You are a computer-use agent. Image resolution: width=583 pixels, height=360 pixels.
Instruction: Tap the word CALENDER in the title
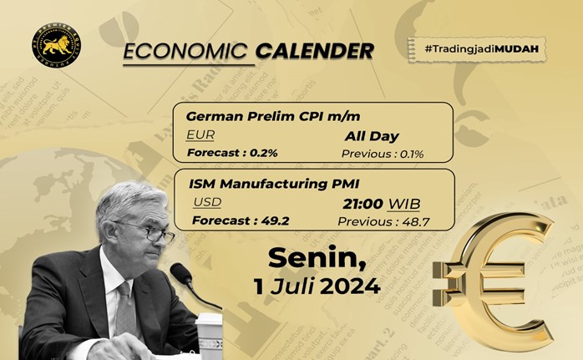315,51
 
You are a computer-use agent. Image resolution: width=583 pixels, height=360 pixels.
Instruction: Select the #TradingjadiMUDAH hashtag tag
474,49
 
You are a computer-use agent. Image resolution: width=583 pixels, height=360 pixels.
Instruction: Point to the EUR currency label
200,134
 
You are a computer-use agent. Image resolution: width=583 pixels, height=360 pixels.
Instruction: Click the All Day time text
372,135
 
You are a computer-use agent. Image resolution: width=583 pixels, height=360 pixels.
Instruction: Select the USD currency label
207,202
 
